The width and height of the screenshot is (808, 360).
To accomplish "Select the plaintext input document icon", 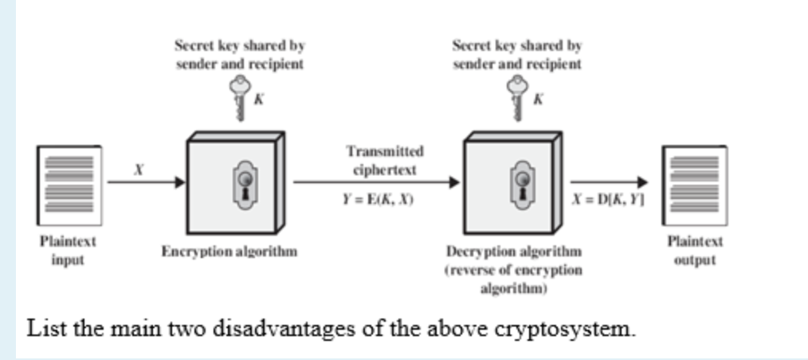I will [x=69, y=184].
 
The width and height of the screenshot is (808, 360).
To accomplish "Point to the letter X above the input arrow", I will [x=138, y=169].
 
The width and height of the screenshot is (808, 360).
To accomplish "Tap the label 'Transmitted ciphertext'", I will [x=384, y=159].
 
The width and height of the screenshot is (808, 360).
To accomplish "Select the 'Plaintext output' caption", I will [x=695, y=250].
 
